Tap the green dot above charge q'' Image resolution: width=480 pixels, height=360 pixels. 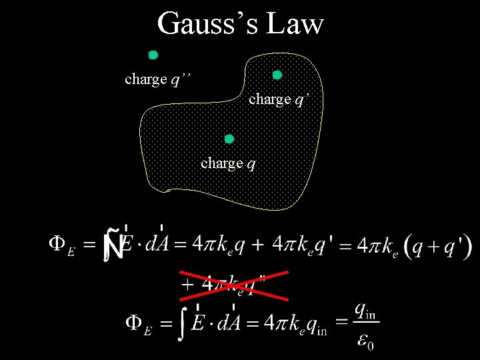click(x=153, y=55)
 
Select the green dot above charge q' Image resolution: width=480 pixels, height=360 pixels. click(x=277, y=75)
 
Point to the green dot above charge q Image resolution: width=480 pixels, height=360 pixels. click(x=229, y=139)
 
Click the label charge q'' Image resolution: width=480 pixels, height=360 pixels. click(x=158, y=79)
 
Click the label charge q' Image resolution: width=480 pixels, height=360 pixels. click(x=279, y=99)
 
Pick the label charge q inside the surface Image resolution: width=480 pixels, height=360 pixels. click(x=228, y=163)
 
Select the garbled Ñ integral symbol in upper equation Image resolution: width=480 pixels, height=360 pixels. click(x=113, y=245)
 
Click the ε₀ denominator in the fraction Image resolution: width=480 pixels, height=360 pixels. click(x=365, y=341)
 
